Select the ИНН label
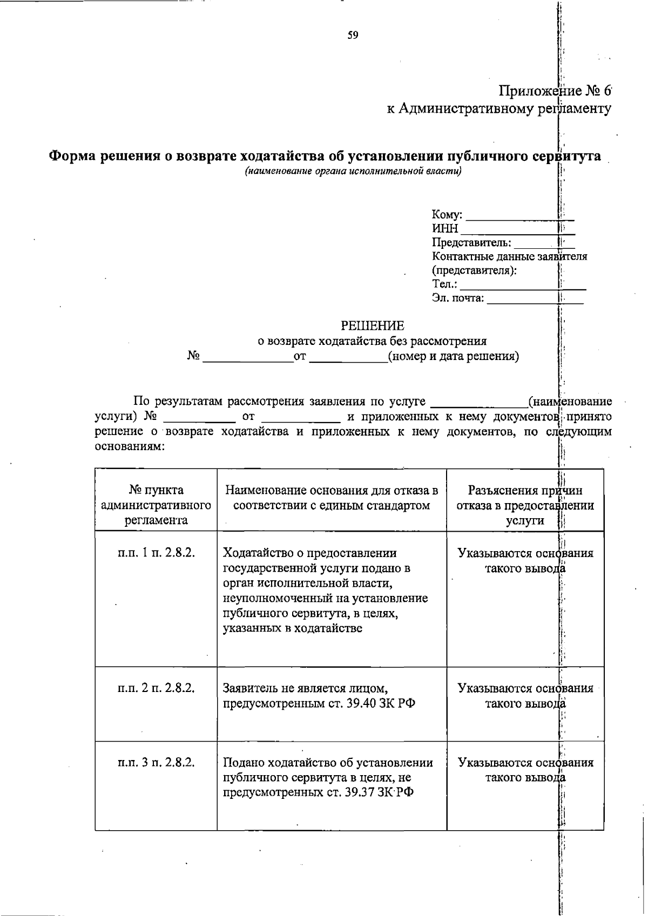pyautogui.click(x=445, y=229)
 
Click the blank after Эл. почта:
pyautogui.click(x=535, y=300)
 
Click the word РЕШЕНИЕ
pyautogui.click(x=372, y=325)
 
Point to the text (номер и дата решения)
pyautogui.click(x=454, y=356)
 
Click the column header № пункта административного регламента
pyautogui.click(x=156, y=505)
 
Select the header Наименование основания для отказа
pyautogui.click(x=331, y=497)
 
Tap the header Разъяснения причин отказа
pyautogui.click(x=525, y=505)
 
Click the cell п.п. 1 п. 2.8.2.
pyautogui.click(x=156, y=553)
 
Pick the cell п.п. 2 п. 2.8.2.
pyautogui.click(x=156, y=688)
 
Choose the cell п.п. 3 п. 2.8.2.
pyautogui.click(x=156, y=762)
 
